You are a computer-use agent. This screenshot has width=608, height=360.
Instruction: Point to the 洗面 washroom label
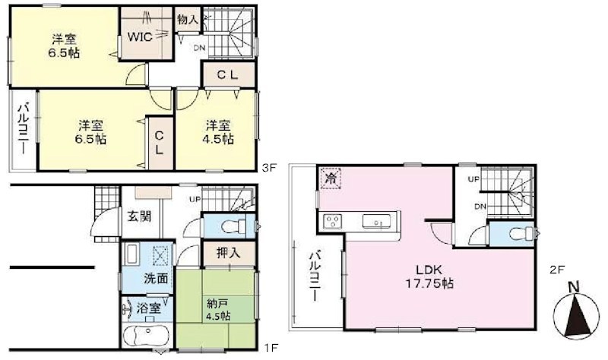137,278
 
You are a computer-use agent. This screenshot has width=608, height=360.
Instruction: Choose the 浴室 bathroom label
147,310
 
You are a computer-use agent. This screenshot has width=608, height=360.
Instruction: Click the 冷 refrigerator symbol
331,178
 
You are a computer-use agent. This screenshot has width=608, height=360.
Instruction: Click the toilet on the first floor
234,226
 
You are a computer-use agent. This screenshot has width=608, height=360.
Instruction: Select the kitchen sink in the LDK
376,221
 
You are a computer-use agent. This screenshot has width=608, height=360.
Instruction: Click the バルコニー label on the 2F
313,278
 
